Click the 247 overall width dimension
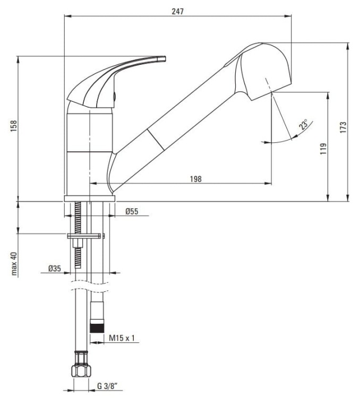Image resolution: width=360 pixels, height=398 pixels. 177,12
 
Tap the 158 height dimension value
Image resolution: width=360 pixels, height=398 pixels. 13,126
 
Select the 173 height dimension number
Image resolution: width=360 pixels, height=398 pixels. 343,127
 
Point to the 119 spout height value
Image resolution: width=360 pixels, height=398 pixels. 323,149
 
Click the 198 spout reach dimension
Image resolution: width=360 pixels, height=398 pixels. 195,179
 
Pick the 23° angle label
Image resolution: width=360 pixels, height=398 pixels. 303,125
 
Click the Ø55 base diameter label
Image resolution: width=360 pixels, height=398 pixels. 132,211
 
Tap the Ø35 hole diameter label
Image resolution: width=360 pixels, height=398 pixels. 55,268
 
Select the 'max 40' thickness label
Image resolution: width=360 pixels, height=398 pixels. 14,263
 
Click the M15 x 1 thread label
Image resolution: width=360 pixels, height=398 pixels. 122,338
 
